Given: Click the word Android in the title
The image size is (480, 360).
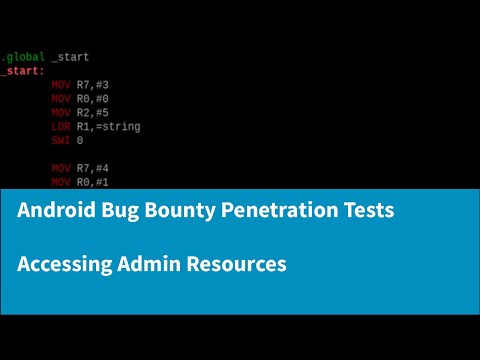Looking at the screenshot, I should (x=59, y=212).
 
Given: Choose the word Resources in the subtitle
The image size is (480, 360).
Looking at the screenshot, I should (x=238, y=264).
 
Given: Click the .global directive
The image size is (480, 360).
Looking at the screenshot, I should (x=21, y=58).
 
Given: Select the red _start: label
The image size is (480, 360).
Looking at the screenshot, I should (x=21, y=72).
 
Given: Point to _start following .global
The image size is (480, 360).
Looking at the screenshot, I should (x=70, y=58).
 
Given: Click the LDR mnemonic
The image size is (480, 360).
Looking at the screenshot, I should (x=61, y=127).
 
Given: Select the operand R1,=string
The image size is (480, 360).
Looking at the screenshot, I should (x=109, y=127).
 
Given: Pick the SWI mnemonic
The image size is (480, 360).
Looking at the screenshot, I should (x=61, y=141).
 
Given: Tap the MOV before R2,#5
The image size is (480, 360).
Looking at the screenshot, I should (x=61, y=114).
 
